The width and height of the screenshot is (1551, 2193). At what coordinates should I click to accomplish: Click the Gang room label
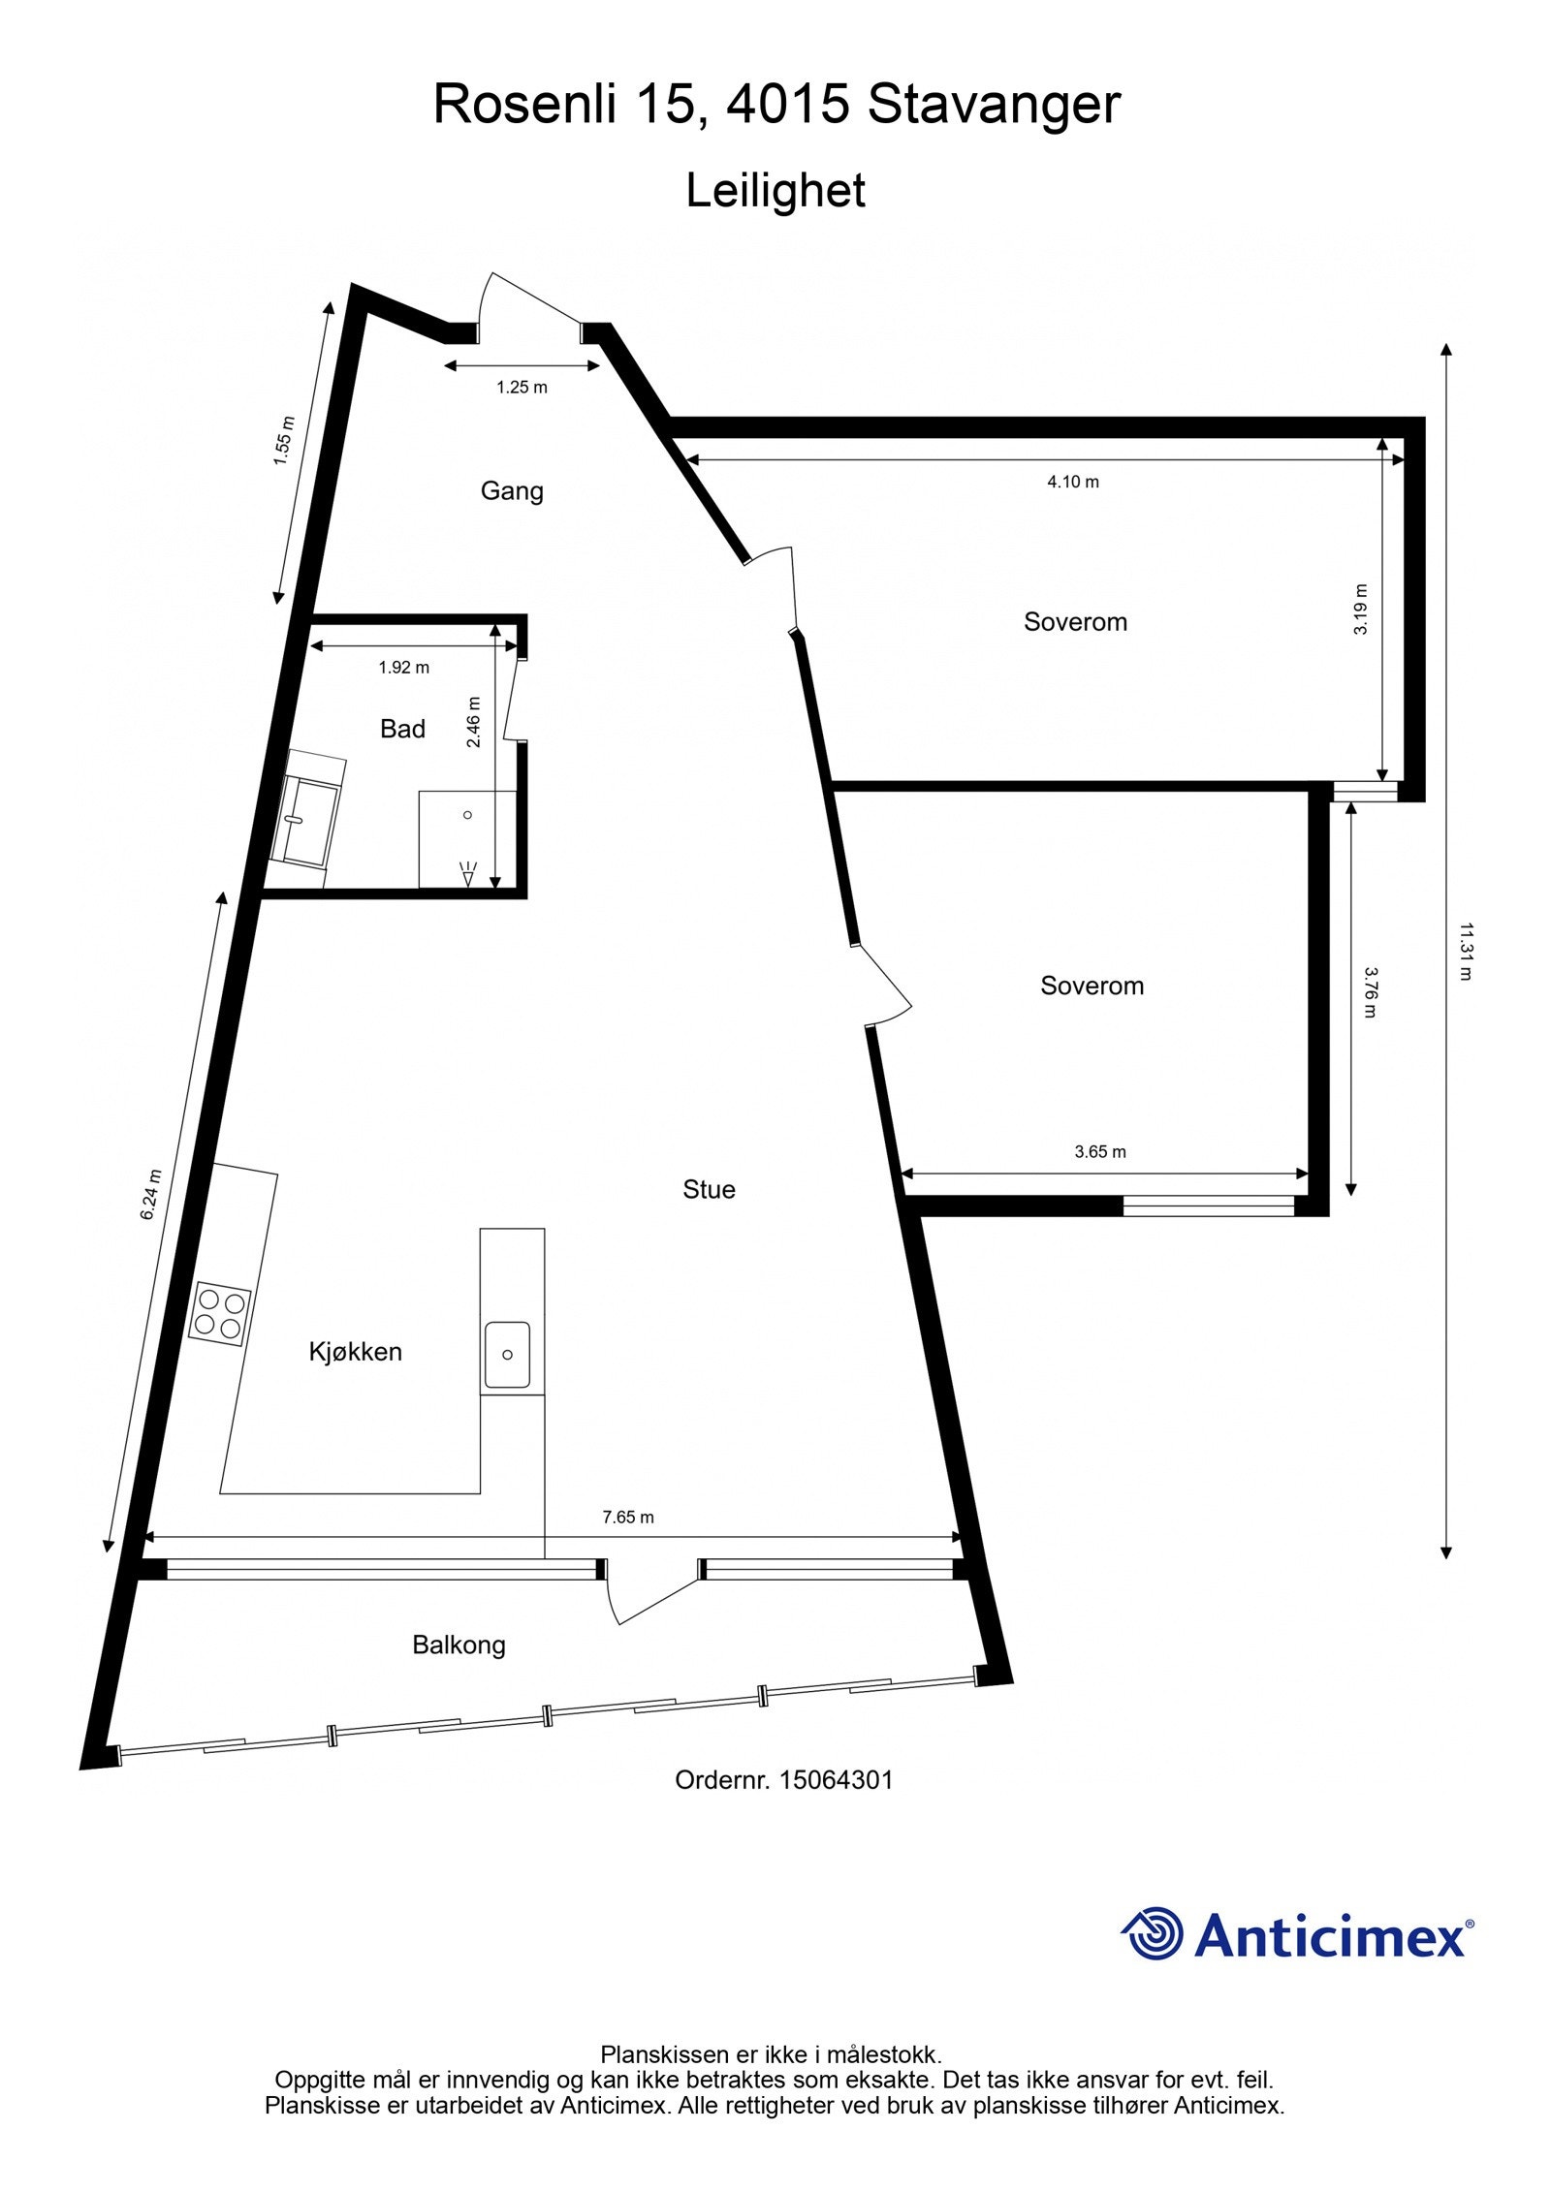512,490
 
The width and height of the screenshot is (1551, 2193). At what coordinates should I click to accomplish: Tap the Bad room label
402,729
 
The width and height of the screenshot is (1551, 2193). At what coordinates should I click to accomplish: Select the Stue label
709,1189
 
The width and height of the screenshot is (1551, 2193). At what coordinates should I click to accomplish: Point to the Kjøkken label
355,1351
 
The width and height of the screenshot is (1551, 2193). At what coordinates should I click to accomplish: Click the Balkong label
459,1645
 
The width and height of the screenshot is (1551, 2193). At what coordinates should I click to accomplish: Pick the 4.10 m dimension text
1073,482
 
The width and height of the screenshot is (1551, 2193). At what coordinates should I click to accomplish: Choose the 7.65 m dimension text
628,1517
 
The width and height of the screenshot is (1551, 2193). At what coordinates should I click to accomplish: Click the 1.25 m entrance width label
522,388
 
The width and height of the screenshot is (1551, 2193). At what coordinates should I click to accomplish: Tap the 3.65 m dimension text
1100,1152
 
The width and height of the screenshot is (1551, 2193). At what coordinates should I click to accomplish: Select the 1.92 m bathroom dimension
403,667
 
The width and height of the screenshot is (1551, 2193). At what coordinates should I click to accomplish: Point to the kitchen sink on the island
507,1354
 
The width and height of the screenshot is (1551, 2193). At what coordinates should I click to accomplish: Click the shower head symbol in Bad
469,874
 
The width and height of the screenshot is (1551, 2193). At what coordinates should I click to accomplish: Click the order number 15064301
837,1779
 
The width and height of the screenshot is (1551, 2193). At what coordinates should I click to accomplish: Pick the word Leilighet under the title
775,191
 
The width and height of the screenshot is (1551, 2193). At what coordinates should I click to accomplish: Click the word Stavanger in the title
994,105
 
